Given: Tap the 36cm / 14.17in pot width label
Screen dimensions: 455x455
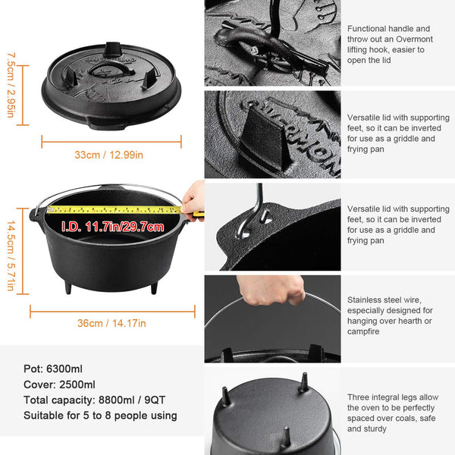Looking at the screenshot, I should pos(111,323).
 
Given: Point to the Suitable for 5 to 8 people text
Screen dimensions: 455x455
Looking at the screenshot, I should pos(100,416).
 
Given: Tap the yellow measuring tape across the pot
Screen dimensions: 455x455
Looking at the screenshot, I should pos(114,209).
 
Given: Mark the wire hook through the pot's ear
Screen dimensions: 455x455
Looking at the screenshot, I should pos(261,212).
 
